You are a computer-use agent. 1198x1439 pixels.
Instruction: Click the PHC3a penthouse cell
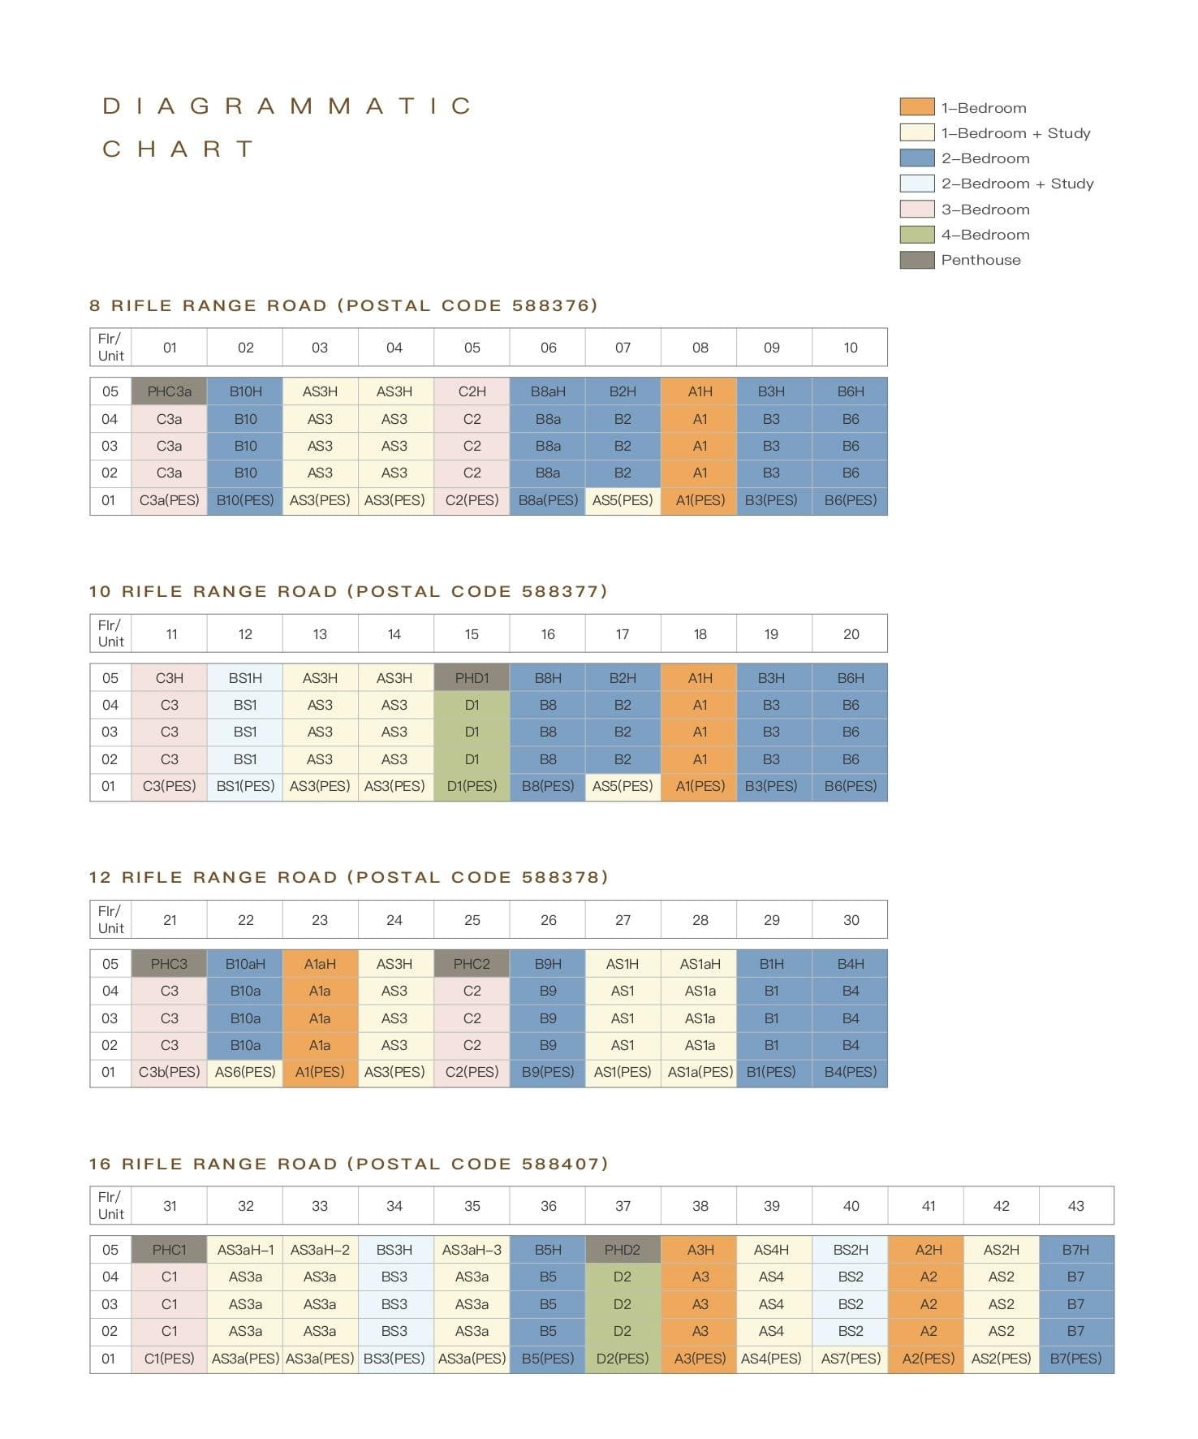169,391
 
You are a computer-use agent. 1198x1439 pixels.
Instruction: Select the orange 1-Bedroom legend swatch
916,107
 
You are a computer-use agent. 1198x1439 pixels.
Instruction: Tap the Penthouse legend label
980,260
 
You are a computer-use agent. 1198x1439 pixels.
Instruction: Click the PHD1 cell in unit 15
472,678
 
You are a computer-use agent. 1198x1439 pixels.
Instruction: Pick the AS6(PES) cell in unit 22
245,1072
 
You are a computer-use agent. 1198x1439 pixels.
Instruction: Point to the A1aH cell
320,964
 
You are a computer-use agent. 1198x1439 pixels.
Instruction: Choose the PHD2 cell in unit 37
623,1250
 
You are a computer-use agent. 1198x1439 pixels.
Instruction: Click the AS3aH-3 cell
472,1250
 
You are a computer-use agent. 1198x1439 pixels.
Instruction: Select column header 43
1075,1206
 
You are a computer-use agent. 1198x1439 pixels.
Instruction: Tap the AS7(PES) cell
851,1359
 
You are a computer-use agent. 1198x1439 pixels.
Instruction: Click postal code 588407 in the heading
560,1164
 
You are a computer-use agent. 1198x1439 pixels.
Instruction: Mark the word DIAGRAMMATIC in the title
287,106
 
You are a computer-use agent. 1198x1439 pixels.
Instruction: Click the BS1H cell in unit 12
245,678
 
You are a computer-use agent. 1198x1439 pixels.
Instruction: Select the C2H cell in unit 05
472,391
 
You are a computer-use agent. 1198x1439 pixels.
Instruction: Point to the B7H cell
1075,1250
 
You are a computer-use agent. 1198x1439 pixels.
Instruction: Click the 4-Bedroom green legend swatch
916,235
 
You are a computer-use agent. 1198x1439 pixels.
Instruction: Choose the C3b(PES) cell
169,1072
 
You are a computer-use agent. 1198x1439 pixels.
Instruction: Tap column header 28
700,920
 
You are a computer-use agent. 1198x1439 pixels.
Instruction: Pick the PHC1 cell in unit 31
169,1250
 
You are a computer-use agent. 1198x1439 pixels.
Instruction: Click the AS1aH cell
700,964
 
